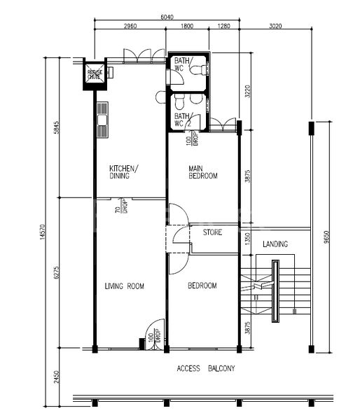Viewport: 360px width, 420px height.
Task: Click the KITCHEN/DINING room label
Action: tap(123, 172)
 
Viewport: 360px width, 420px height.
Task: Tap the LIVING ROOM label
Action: tap(124, 286)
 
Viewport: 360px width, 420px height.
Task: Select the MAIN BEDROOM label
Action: tap(203, 172)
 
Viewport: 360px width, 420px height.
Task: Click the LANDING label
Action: tap(275, 244)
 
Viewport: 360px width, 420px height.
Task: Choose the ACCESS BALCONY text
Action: tap(206, 368)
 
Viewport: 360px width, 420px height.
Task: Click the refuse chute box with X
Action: tap(95, 74)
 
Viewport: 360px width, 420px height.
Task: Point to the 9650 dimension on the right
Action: tap(326, 238)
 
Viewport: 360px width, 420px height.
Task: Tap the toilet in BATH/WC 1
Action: tap(200, 69)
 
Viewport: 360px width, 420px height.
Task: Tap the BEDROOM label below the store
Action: tap(202, 286)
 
